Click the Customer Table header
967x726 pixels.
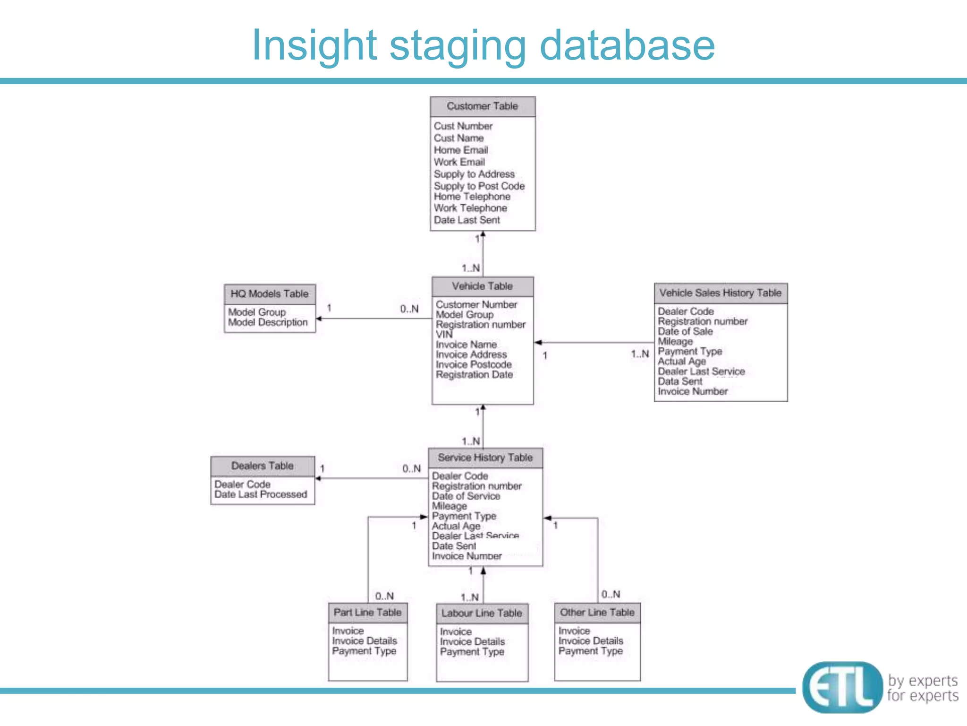pyautogui.click(x=482, y=106)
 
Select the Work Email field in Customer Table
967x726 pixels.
pyautogui.click(x=459, y=162)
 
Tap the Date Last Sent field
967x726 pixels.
pyautogui.click(x=467, y=220)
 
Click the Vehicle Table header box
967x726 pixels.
pyautogui.click(x=482, y=286)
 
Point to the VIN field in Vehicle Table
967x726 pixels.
pyautogui.click(x=444, y=334)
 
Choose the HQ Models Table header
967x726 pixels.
pyautogui.click(x=270, y=294)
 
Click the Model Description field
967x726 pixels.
pyautogui.click(x=268, y=322)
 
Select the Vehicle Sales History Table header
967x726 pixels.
pyautogui.click(x=720, y=293)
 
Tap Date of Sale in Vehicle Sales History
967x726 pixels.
pyautogui.click(x=685, y=331)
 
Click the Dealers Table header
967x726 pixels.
pyautogui.click(x=263, y=466)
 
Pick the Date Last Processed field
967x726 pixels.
pyautogui.click(x=261, y=494)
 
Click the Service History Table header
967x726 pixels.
pyautogui.click(x=485, y=458)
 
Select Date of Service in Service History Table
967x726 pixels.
pyautogui.click(x=466, y=496)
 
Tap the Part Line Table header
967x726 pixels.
pyautogui.click(x=367, y=613)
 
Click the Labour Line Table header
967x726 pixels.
pyautogui.click(x=482, y=614)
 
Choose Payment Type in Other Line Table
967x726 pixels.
pyautogui.click(x=590, y=651)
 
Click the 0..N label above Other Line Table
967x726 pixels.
pyautogui.click(x=611, y=595)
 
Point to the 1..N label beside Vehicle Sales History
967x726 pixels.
pyautogui.click(x=640, y=354)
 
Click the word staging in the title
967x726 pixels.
pyautogui.click(x=457, y=46)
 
